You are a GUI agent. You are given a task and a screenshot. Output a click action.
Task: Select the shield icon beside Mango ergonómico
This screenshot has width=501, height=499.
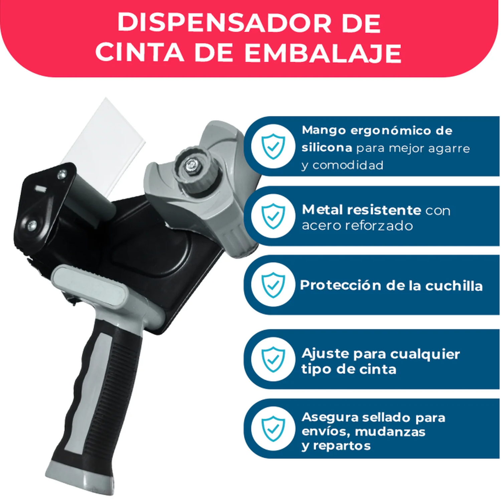point(273,146)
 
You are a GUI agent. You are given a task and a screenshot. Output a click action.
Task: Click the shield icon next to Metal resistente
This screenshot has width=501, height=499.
point(273,216)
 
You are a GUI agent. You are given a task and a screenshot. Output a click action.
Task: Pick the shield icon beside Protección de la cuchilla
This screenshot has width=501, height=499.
point(273,285)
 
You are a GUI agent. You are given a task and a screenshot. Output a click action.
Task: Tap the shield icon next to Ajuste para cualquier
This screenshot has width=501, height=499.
point(273,359)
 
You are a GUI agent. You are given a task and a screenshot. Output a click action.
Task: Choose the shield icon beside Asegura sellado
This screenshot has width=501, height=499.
point(273,429)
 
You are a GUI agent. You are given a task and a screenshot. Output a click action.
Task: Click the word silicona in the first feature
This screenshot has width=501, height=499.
point(327,147)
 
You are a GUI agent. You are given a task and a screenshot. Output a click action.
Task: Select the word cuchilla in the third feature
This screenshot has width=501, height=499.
point(454,286)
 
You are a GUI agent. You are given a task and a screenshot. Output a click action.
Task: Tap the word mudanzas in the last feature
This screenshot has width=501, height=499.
point(390,431)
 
